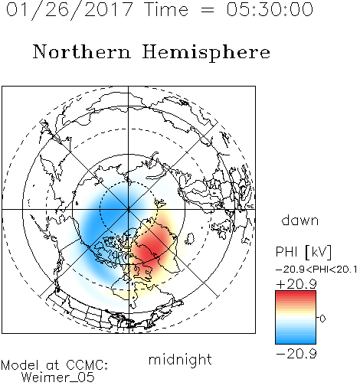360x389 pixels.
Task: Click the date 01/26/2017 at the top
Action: pyautogui.click(x=69, y=10)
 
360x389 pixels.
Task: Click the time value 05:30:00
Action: pyautogui.click(x=270, y=9)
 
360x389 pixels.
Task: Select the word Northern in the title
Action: pyautogui.click(x=82, y=52)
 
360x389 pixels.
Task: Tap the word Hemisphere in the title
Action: pyautogui.click(x=206, y=53)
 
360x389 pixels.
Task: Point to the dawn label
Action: pyautogui.click(x=300, y=220)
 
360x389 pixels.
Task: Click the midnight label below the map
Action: pyautogui.click(x=180, y=360)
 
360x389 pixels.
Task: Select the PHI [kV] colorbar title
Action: pyautogui.click(x=303, y=252)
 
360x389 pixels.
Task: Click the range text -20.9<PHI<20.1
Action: pyautogui.click(x=316, y=270)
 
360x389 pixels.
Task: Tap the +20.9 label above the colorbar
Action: pyautogui.click(x=296, y=284)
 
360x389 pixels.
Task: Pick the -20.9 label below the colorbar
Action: pyautogui.click(x=296, y=354)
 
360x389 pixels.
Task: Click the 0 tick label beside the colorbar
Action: pyautogui.click(x=322, y=319)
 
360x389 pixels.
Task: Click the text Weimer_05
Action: pyautogui.click(x=58, y=377)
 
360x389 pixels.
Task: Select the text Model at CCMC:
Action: pyautogui.click(x=54, y=365)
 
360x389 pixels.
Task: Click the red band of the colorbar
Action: pyautogui.click(x=296, y=297)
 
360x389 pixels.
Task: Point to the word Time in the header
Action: pyautogui.click(x=166, y=9)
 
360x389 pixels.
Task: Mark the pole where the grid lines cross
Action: pyautogui.click(x=128, y=209)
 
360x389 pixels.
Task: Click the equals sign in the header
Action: pyautogui.click(x=208, y=10)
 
